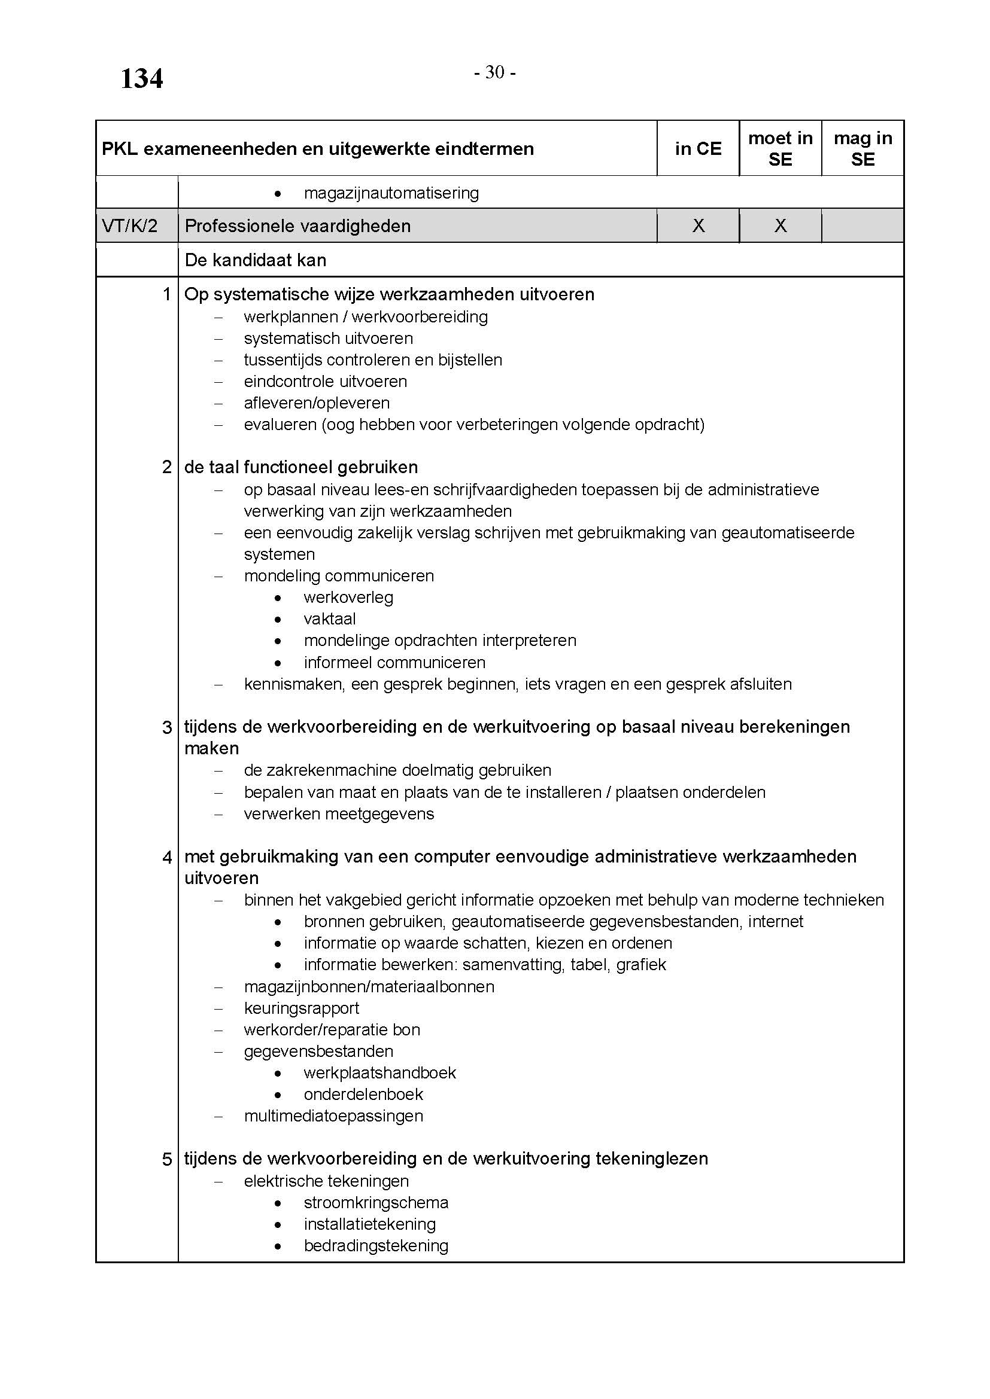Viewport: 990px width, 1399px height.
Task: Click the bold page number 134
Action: point(141,78)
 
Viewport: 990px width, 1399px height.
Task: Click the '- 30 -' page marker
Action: point(495,72)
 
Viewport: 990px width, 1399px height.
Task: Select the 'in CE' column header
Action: point(698,149)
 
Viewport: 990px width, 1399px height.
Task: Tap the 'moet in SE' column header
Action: point(781,149)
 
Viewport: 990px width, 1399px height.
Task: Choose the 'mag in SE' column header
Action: point(863,149)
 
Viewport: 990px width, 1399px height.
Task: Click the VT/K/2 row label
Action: point(130,226)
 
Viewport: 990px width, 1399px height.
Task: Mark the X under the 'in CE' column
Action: point(699,226)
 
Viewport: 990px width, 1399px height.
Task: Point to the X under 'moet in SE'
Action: point(781,226)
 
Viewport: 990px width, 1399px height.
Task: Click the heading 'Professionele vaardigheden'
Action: point(297,226)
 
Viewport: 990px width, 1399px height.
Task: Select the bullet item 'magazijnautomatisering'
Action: point(391,193)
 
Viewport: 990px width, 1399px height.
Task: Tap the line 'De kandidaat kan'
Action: point(256,260)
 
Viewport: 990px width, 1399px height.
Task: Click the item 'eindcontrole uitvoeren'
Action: point(326,382)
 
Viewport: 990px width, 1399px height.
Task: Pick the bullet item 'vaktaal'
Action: point(330,619)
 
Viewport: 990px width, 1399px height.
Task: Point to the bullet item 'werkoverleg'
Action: point(349,598)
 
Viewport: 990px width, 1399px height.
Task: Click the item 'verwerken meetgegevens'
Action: point(339,814)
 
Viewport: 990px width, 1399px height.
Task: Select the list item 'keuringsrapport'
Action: point(302,1008)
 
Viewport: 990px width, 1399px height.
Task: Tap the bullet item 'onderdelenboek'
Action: point(363,1095)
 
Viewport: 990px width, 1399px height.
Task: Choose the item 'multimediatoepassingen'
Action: point(333,1116)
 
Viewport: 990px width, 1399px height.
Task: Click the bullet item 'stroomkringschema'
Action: point(376,1203)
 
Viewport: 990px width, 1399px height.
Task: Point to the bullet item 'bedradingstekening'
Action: point(376,1246)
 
